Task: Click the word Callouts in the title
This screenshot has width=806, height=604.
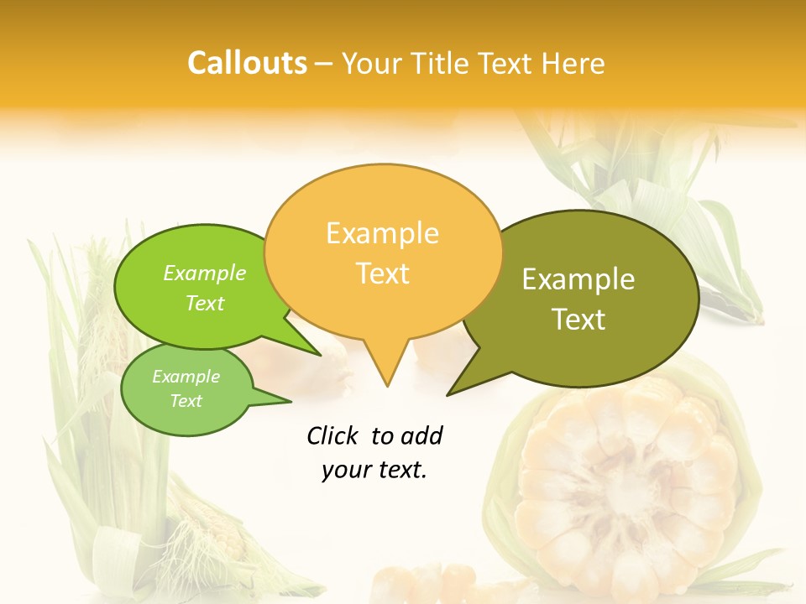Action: pos(247,63)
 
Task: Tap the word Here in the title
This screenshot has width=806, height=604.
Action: pos(573,63)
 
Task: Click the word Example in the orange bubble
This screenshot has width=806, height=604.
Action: pos(382,233)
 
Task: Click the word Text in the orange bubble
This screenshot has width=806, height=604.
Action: pos(382,273)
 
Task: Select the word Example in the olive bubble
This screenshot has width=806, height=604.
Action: pos(578,279)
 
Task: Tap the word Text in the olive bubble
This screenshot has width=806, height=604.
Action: pos(578,320)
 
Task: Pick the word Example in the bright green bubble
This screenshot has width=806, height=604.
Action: pos(205,273)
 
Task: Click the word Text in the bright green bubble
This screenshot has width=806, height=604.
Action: pos(205,303)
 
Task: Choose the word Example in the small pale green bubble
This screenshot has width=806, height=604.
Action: pos(186,377)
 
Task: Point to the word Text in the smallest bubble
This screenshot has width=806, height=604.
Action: pos(186,401)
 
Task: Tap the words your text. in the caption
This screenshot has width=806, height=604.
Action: pos(374,470)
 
